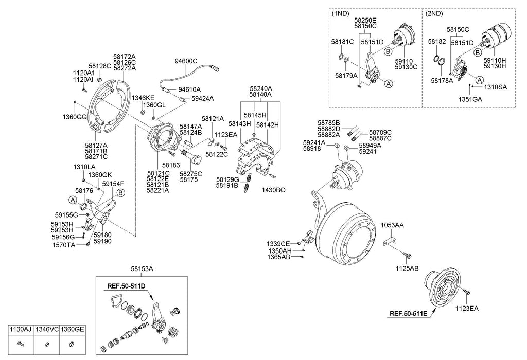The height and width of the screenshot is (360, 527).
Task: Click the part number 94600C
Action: [186, 61]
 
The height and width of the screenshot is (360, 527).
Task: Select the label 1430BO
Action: [273, 190]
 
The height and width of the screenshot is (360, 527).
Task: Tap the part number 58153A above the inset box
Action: [142, 268]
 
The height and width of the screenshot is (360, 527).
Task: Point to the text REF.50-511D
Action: [126, 285]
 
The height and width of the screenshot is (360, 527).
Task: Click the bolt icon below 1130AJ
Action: [20, 344]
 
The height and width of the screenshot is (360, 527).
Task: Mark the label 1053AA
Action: [392, 225]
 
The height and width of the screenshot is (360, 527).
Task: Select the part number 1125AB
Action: [407, 268]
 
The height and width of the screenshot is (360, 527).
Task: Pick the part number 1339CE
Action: [278, 243]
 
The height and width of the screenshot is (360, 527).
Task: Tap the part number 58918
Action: [312, 149]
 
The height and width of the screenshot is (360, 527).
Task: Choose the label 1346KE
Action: [143, 98]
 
